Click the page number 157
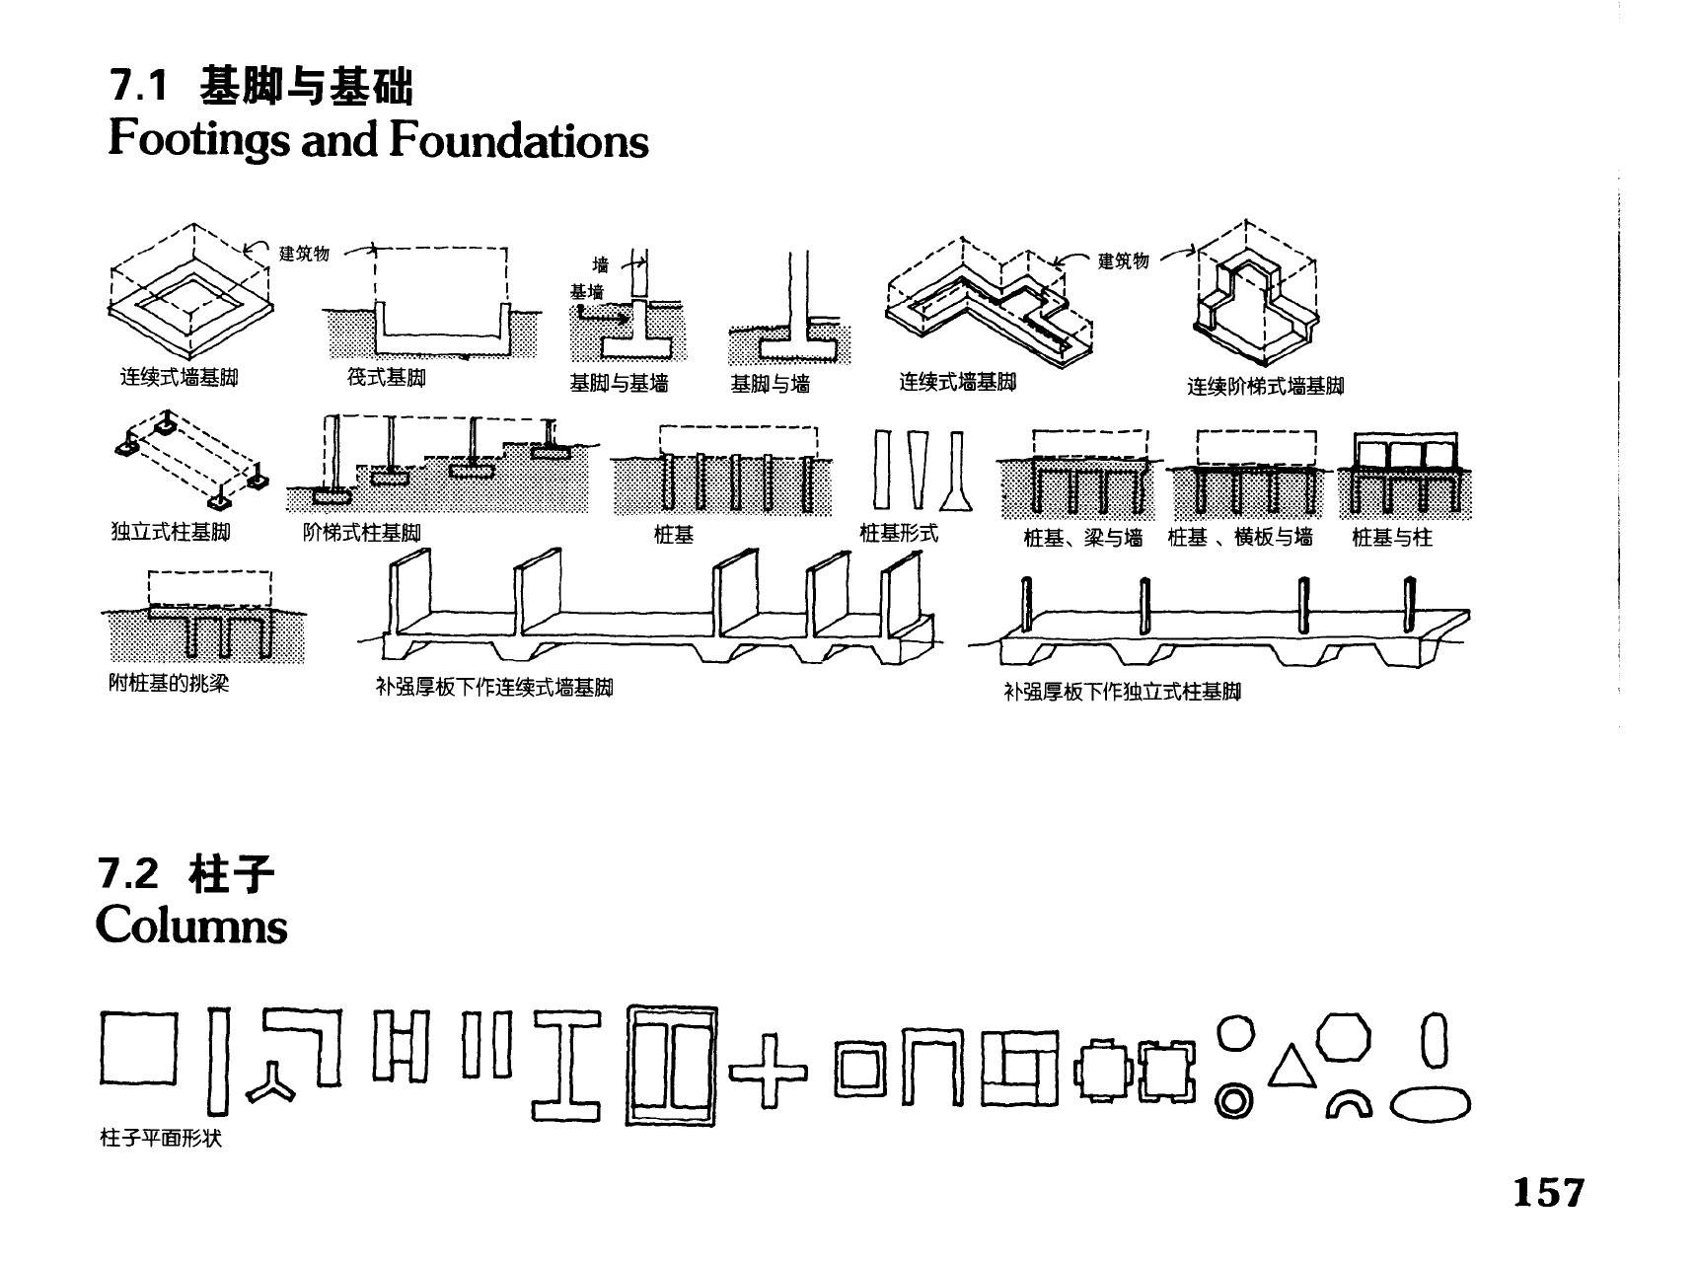tap(1548, 1192)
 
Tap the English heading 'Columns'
tap(191, 925)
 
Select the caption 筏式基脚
tap(387, 378)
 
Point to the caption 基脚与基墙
tap(619, 384)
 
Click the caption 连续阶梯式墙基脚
tap(1265, 386)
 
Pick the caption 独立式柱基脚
tap(171, 533)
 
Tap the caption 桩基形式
tap(898, 534)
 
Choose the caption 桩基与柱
tap(1391, 538)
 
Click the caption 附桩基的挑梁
tap(168, 683)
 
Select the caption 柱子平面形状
tap(161, 1139)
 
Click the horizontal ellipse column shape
tap(1430, 1103)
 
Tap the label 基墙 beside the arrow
tap(586, 292)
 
